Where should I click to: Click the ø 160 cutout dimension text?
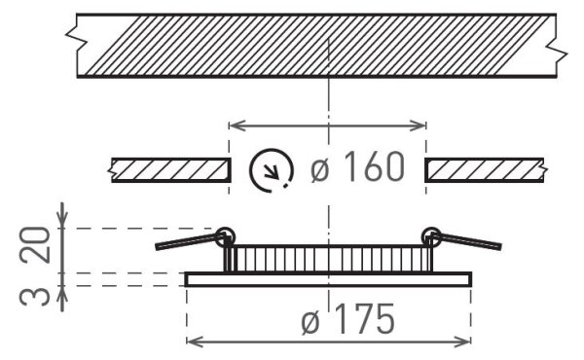pos(357,166)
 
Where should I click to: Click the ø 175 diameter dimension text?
pos(347,319)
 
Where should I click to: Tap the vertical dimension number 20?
pos(35,245)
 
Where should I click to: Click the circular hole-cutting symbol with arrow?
pos(272,170)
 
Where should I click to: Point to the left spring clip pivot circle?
pos(225,236)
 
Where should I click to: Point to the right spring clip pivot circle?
pos(431,236)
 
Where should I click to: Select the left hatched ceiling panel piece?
pos(169,170)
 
